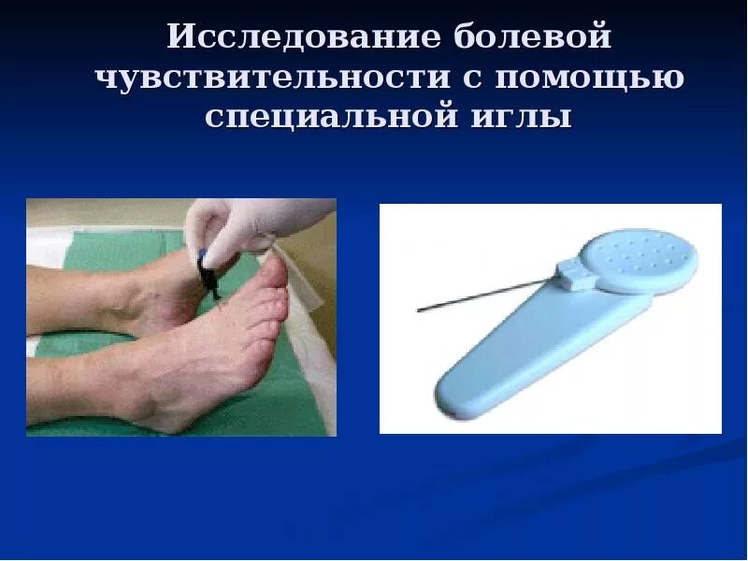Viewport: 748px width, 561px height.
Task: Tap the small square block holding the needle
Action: (x=569, y=274)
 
